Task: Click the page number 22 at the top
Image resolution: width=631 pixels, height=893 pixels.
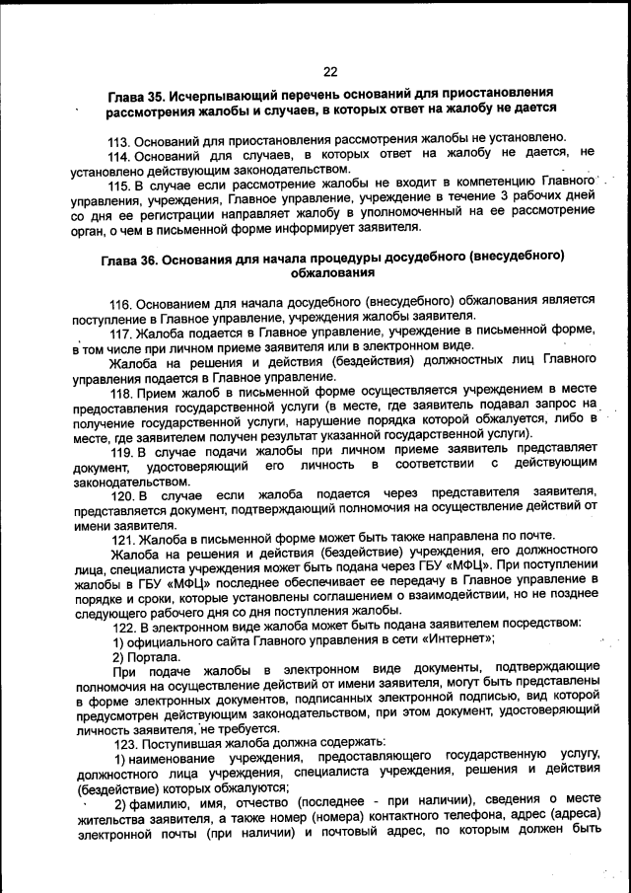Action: (329, 70)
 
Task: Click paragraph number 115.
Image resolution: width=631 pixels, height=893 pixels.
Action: (119, 184)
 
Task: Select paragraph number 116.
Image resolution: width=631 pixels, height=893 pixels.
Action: (121, 301)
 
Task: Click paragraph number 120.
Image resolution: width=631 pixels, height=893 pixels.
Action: (122, 494)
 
